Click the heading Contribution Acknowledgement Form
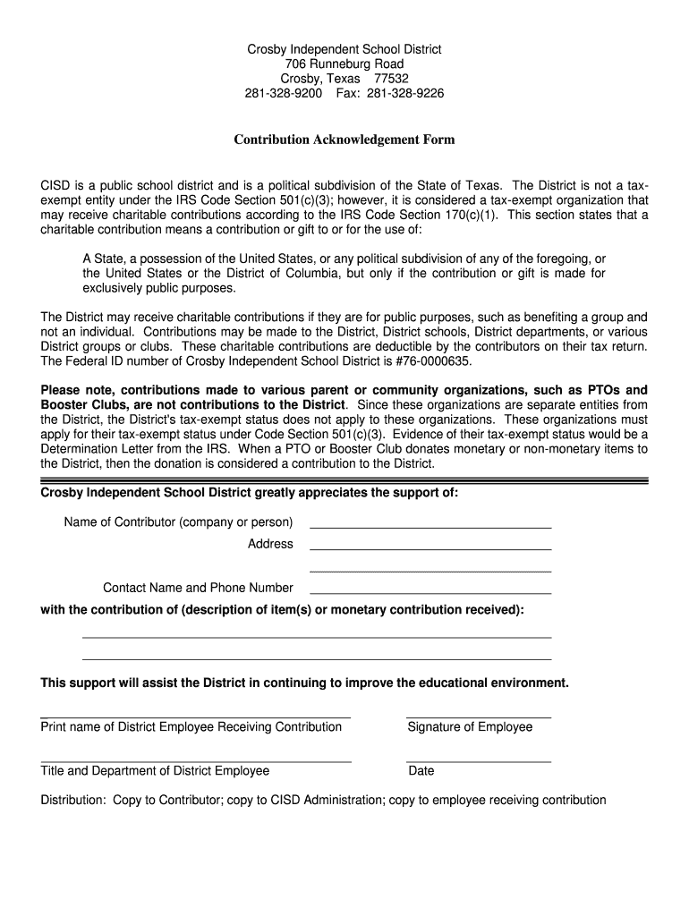pyautogui.click(x=344, y=140)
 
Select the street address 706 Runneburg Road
pyautogui.click(x=344, y=64)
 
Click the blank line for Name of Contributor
pyautogui.click(x=430, y=526)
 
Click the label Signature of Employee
pyautogui.click(x=470, y=727)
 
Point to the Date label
pyautogui.click(x=421, y=771)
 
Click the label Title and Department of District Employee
pyautogui.click(x=155, y=771)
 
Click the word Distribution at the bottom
pyautogui.click(x=72, y=801)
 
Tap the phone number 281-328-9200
pyautogui.click(x=284, y=93)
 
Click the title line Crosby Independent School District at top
pyautogui.click(x=344, y=49)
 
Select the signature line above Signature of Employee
pyautogui.click(x=478, y=717)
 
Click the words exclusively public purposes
pyautogui.click(x=159, y=288)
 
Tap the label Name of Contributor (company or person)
pyautogui.click(x=178, y=522)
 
